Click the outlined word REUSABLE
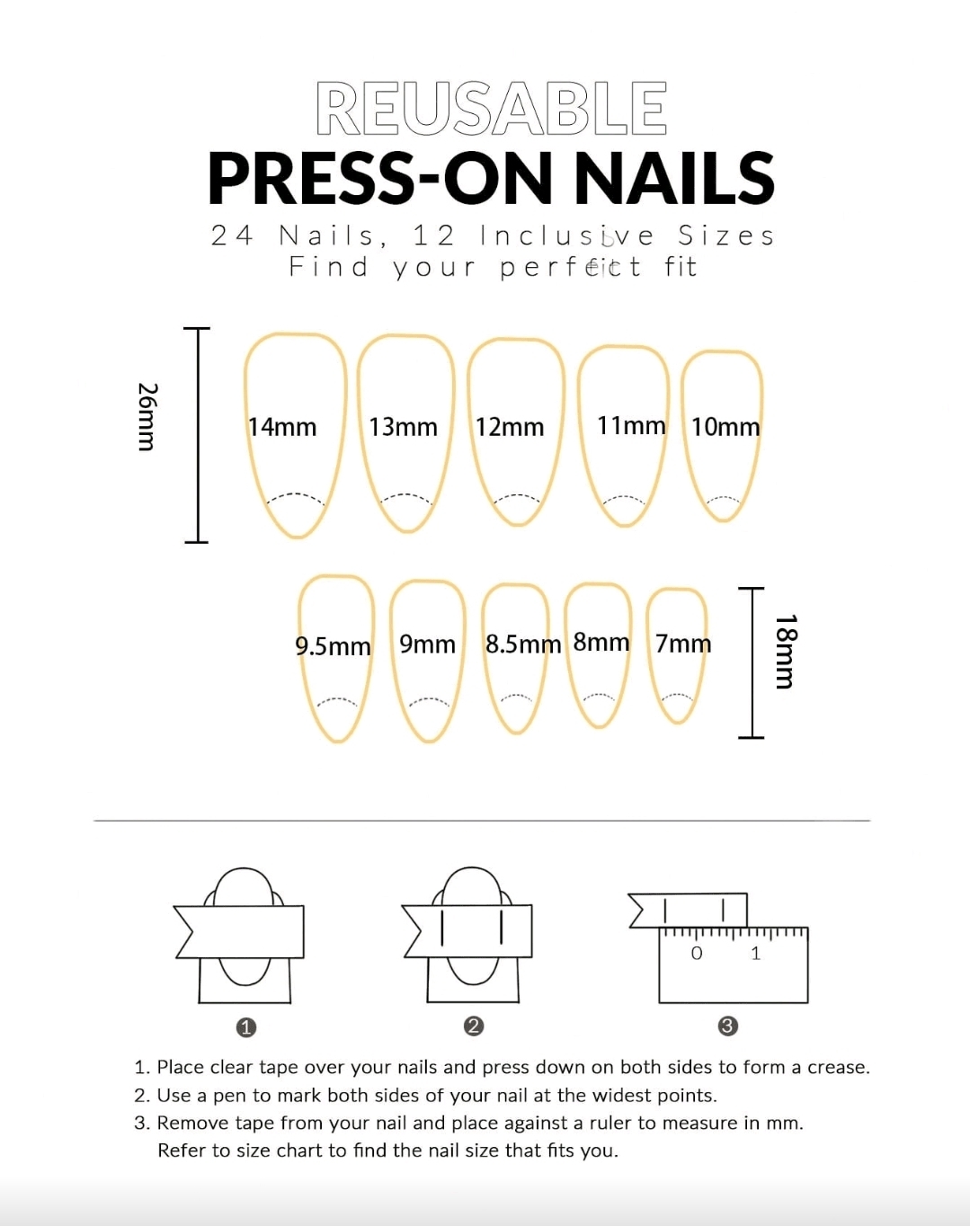[x=491, y=108]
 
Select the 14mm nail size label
[x=282, y=427]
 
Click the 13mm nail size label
[x=404, y=427]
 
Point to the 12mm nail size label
[x=510, y=427]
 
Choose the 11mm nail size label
[x=631, y=425]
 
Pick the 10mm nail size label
[x=725, y=427]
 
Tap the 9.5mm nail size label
[x=333, y=646]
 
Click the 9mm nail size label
[x=427, y=644]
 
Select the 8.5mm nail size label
[x=523, y=644]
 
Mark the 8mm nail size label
[x=601, y=642]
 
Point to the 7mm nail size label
[x=683, y=644]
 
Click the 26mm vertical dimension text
[x=147, y=417]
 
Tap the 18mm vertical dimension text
[x=786, y=651]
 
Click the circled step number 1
[x=245, y=1027]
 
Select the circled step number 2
[x=474, y=1026]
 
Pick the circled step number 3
[x=728, y=1026]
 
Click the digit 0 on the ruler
[x=697, y=954]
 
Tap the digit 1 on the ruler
[x=756, y=954]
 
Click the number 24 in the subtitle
[x=232, y=235]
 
